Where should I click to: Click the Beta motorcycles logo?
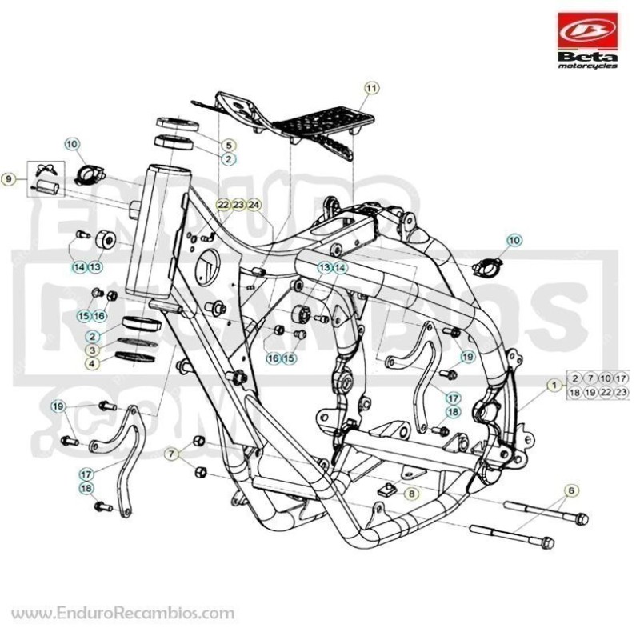coord(587,41)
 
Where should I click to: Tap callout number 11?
coord(371,88)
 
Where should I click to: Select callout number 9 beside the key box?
coord(9,178)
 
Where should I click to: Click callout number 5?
coord(229,145)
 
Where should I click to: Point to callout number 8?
coord(411,494)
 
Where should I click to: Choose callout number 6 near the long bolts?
coord(571,490)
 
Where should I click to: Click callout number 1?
coord(554,385)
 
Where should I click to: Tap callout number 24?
coord(254,205)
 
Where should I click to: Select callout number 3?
coord(93,350)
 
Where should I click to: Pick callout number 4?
coord(93,363)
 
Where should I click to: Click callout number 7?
coord(172,454)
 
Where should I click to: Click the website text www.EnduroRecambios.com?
coord(123,614)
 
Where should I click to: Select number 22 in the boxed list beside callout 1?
coord(606,392)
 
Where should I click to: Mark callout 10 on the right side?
coord(514,241)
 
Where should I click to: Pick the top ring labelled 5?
coord(178,124)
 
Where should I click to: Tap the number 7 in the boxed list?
coord(590,378)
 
